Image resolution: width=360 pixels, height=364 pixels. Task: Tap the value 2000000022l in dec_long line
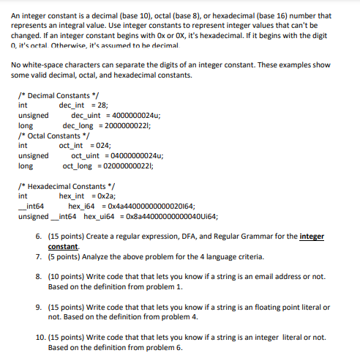127,125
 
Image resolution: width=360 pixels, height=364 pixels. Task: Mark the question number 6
39,237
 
